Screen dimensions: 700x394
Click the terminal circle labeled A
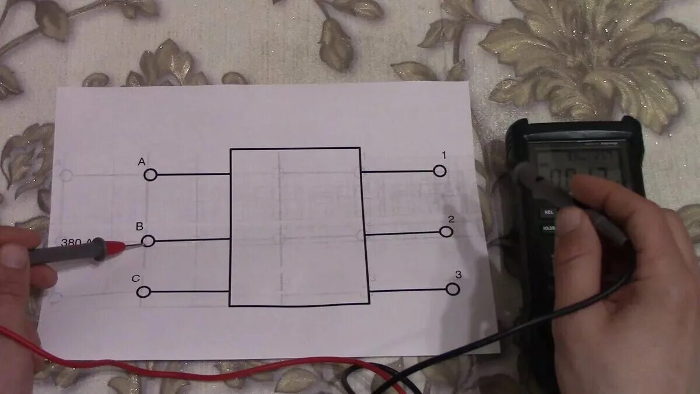(150, 175)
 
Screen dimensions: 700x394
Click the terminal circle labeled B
(148, 240)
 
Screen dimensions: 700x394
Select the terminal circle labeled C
(143, 291)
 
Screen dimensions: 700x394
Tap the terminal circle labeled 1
(440, 170)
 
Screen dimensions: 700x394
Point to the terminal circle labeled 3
(453, 288)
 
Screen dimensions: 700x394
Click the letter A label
(141, 161)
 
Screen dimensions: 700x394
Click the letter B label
(139, 226)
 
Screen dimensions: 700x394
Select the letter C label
(135, 278)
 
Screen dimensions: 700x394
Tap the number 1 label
(444, 155)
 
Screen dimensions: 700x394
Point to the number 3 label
(459, 274)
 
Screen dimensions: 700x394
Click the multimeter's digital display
(577, 166)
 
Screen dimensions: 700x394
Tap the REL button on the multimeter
(548, 212)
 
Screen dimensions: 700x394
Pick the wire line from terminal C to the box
(187, 291)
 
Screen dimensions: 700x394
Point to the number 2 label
(451, 219)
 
